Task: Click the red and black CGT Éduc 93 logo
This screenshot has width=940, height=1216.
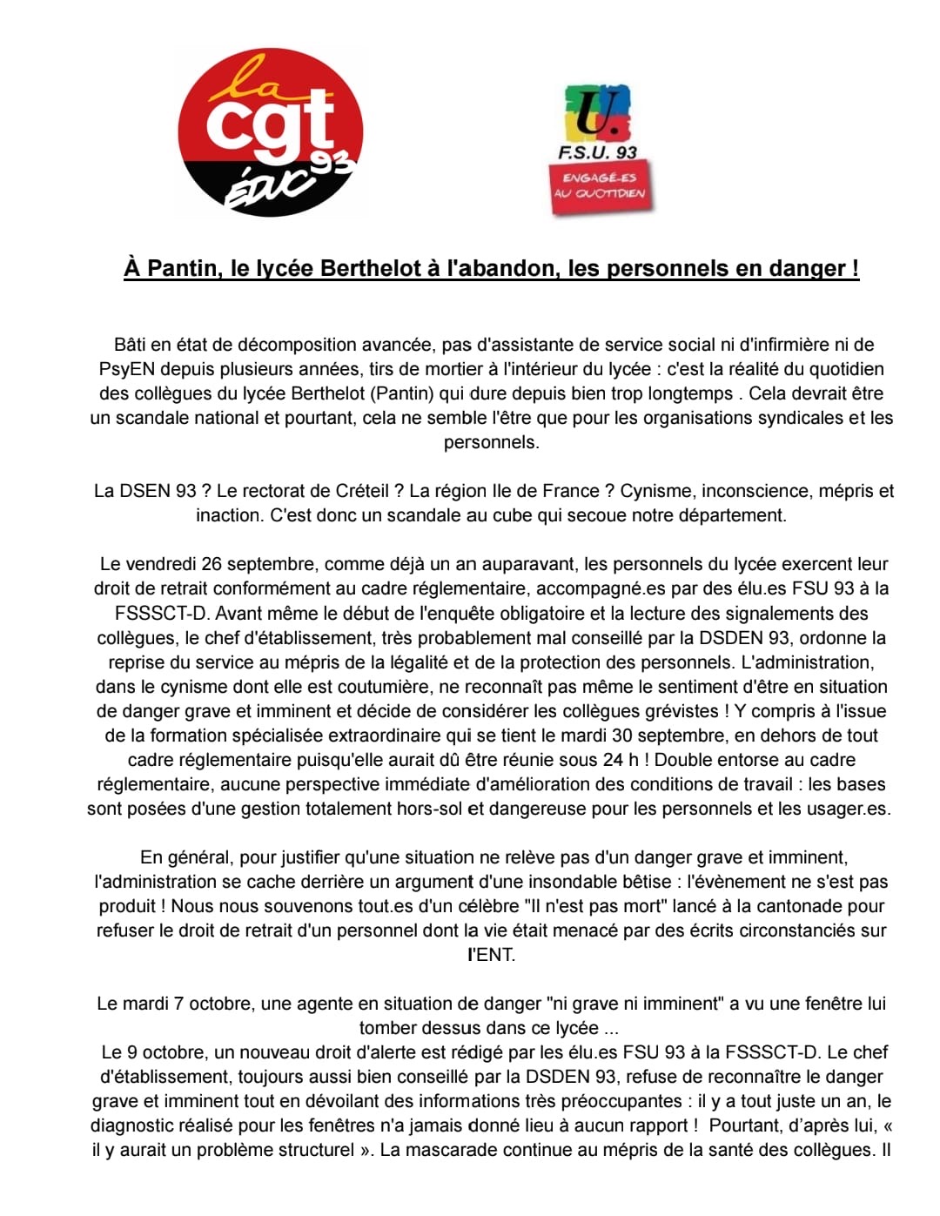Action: [269, 132]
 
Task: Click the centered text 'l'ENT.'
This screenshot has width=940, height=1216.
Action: [492, 955]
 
